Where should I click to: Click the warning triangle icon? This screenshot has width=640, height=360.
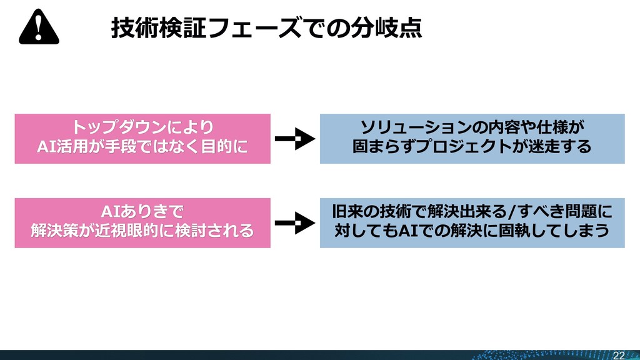pyautogui.click(x=39, y=28)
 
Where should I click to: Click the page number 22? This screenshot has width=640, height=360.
pyautogui.click(x=619, y=355)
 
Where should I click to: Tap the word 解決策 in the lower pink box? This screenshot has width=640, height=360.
pyautogui.click(x=54, y=231)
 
